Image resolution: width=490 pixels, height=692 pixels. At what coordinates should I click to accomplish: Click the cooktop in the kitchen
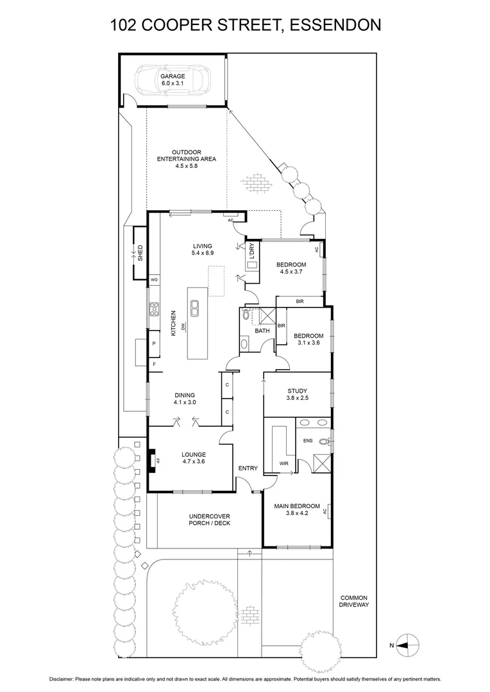(154, 309)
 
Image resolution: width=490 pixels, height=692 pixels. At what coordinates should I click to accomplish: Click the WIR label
(284, 463)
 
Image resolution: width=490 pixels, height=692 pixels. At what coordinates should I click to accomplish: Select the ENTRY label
(248, 468)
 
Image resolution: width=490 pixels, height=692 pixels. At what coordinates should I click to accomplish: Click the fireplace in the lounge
(152, 460)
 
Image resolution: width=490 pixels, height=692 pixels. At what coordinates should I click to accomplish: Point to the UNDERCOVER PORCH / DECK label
(209, 520)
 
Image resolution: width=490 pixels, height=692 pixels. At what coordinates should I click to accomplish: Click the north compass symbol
(407, 645)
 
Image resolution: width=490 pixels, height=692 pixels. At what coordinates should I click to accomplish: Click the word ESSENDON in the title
(336, 25)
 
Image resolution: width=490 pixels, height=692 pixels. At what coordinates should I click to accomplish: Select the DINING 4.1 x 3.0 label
(184, 399)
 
